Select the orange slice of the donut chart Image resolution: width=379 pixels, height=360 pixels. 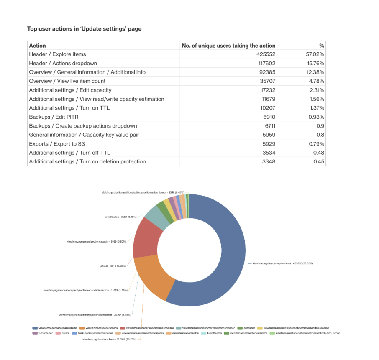[153, 278]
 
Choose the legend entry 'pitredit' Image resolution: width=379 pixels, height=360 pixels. [65, 333]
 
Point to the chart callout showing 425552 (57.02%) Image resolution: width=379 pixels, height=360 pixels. [283, 263]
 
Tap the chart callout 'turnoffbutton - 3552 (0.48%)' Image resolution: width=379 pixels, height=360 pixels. [118, 217]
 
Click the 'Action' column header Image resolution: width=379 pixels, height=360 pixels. [38, 46]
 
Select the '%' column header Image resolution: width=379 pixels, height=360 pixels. [322, 46]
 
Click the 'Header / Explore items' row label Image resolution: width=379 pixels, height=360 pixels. [57, 54]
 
